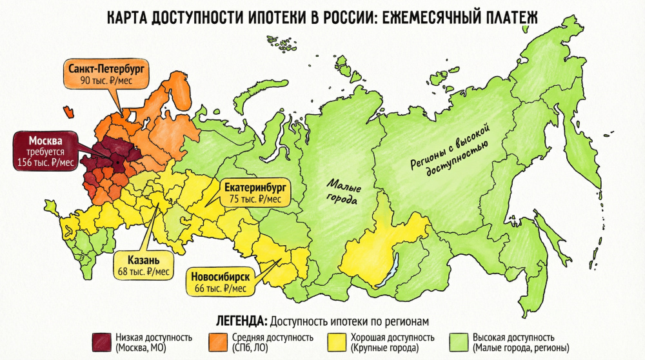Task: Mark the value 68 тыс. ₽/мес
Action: point(143,272)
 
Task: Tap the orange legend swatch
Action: point(216,342)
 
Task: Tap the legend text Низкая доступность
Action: point(154,337)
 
